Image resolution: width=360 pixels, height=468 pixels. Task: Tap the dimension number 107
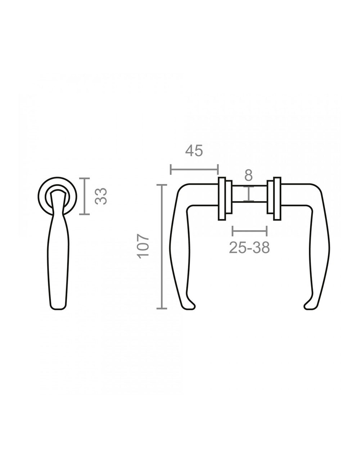tap(143, 246)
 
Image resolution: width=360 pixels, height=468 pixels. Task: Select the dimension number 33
tap(101, 196)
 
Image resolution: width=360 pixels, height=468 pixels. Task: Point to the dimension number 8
tap(248, 176)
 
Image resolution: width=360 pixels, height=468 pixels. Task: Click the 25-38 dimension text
tap(249, 247)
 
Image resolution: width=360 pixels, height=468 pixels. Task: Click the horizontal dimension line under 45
tap(194, 169)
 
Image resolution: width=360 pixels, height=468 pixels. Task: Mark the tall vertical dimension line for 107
tap(162, 247)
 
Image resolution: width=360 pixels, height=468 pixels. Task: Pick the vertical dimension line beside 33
tap(84, 196)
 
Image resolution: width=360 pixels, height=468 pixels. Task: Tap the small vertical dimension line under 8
tap(248, 194)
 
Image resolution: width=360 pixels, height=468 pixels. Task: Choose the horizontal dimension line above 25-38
tap(250, 231)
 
